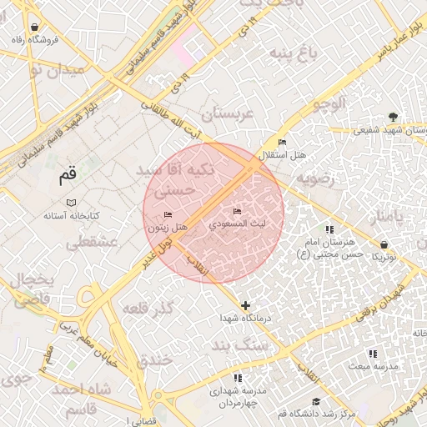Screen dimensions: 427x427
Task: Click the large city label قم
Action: point(68,176)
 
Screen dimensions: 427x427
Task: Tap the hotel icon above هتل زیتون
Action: point(168,215)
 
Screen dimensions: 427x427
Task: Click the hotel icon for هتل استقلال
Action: point(282,143)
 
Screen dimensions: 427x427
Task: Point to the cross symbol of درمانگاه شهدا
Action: point(245,306)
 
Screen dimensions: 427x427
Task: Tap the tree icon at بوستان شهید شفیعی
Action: point(393,117)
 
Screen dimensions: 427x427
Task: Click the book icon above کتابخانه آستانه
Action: point(71,203)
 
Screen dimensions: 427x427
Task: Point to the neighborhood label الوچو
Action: point(327,104)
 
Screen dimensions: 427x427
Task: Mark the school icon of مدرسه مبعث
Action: point(372,354)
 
